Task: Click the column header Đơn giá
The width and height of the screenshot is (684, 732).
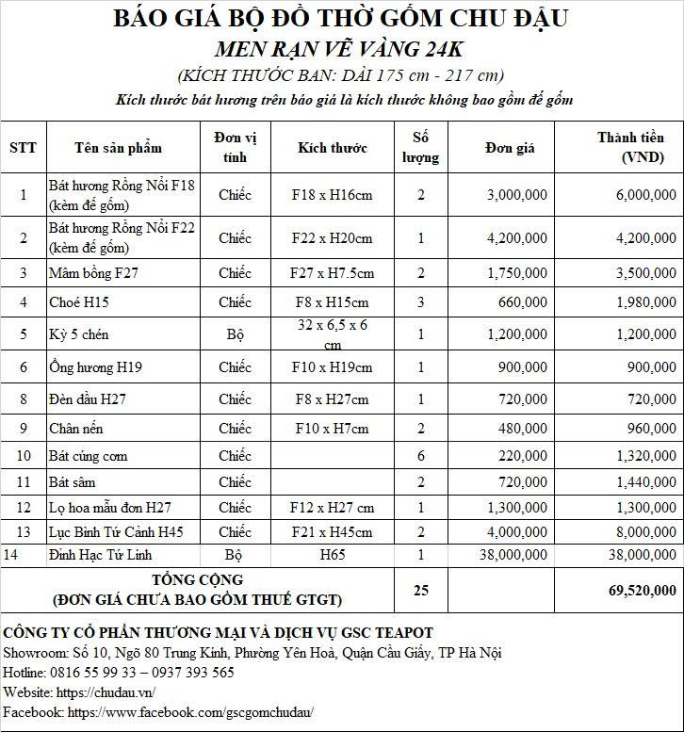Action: click(511, 147)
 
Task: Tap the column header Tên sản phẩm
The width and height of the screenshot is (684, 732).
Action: click(119, 147)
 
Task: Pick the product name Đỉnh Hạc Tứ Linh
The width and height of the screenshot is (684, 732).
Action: click(100, 554)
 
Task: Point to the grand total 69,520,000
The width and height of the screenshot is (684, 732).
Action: click(636, 591)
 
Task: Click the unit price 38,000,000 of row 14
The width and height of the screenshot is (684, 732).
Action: click(512, 554)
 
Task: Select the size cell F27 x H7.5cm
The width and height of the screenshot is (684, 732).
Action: click(332, 273)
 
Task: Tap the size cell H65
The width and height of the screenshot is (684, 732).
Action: click(332, 554)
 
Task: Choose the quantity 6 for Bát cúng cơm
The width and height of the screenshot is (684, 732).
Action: click(421, 456)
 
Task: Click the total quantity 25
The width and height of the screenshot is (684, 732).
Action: click(421, 591)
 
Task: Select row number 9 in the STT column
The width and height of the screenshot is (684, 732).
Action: click(23, 429)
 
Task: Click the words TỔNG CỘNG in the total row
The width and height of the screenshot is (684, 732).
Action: click(197, 580)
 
